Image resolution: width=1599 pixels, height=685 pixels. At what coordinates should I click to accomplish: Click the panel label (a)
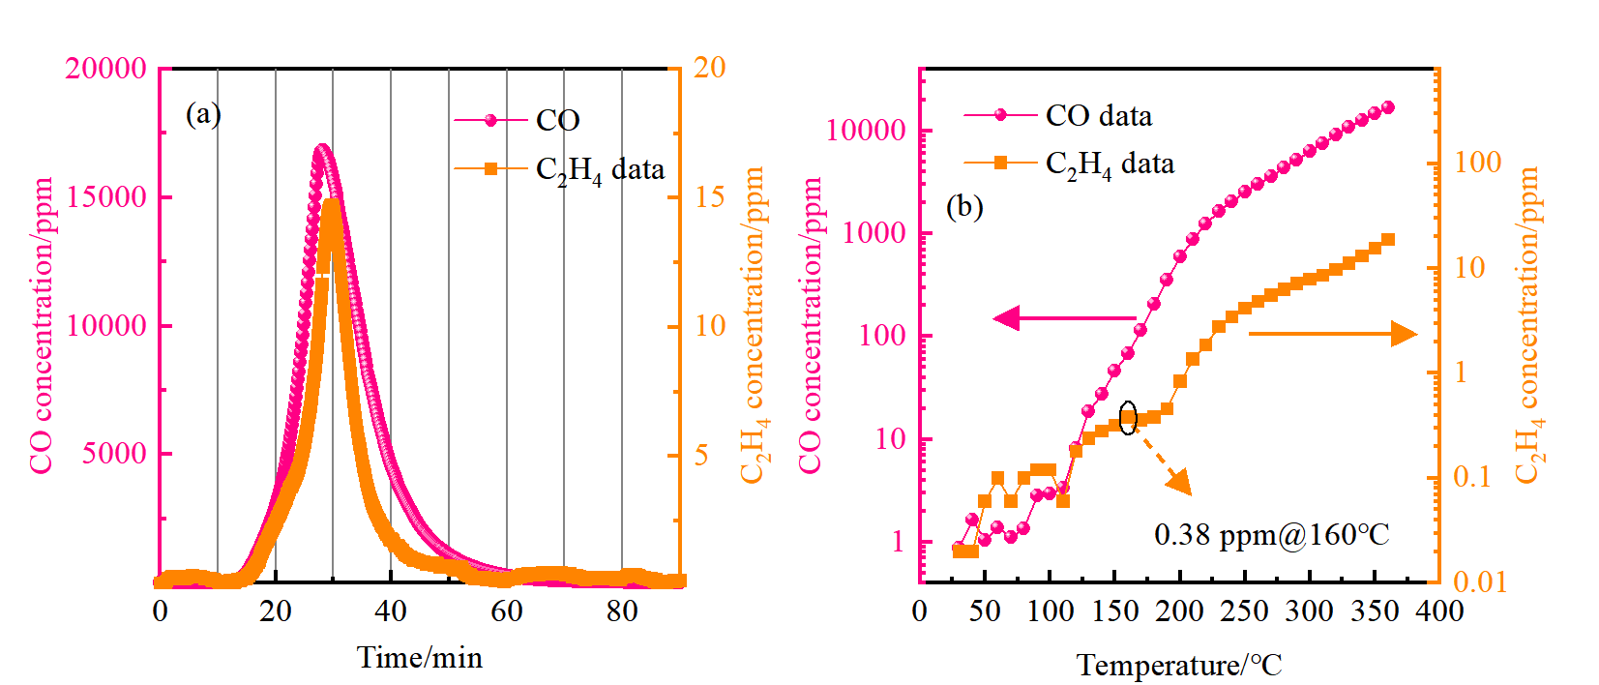pos(203,114)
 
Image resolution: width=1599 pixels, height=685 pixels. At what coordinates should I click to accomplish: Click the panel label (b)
pos(964,206)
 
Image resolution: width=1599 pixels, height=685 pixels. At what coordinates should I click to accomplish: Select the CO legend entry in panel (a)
pos(557,120)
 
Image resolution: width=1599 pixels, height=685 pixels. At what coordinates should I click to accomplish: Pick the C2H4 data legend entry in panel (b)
pos(1110,164)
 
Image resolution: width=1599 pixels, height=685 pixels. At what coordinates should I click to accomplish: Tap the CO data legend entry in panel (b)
pos(1098,116)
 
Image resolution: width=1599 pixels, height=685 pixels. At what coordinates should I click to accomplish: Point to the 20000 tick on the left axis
pos(105,69)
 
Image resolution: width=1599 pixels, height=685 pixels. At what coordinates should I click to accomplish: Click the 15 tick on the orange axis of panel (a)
pos(710,197)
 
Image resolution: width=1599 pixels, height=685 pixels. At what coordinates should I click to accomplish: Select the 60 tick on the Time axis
pos(506,611)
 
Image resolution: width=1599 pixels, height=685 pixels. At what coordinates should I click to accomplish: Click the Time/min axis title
pos(419,658)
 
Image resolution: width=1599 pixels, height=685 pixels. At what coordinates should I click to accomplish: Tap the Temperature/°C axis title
pos(1179,666)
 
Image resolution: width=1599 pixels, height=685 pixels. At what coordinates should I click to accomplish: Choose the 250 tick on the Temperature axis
pos(1244,611)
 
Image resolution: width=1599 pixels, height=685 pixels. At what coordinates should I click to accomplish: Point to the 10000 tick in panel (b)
pos(865,131)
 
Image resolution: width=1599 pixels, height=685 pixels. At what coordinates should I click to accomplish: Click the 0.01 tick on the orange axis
pos(1480,581)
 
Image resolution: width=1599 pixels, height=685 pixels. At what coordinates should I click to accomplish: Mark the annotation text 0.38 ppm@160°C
pos(1271,534)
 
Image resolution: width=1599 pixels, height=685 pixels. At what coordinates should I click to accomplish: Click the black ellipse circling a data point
pos(1128,418)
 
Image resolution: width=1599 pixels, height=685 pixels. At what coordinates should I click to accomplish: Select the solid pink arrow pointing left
pos(1064,317)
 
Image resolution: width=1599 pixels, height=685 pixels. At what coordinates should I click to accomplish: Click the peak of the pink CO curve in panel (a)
pos(322,148)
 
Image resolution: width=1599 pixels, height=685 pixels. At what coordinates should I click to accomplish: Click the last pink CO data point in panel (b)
pos(1388,107)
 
